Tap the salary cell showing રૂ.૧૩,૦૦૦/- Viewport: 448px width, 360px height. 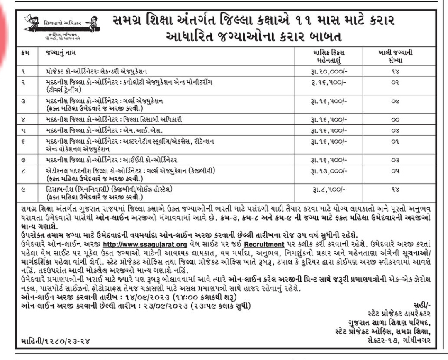(328, 171)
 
